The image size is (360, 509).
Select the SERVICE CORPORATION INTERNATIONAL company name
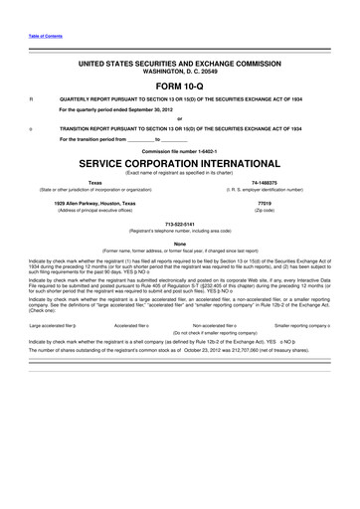(180, 161)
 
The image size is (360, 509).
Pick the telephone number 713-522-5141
(180, 224)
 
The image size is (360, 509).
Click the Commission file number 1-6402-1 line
(180, 149)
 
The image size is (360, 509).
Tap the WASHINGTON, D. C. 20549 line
(180, 70)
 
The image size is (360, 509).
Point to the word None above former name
(180, 245)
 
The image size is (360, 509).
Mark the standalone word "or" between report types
(180, 119)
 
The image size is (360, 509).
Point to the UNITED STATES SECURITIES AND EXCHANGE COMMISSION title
(180, 62)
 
